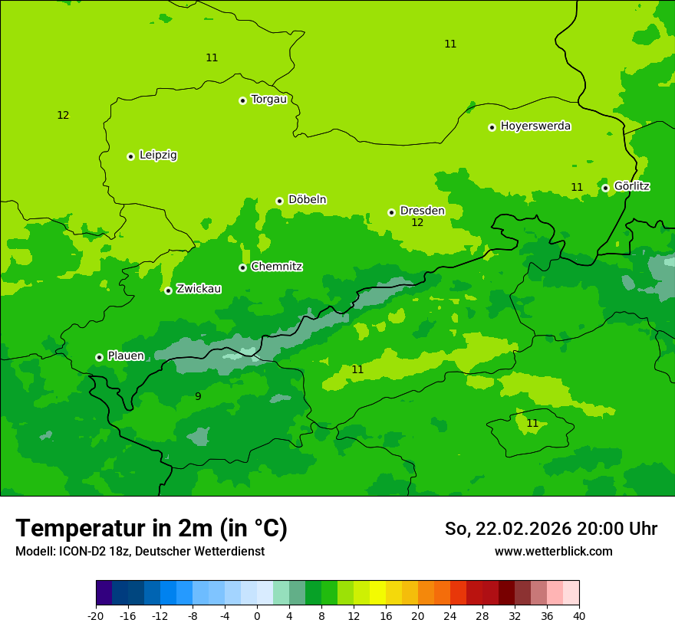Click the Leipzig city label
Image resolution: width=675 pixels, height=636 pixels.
[x=158, y=156]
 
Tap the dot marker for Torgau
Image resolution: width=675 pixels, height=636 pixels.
[x=242, y=100]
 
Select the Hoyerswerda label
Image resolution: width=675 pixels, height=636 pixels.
[x=535, y=126]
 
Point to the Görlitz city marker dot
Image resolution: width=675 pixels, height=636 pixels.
[x=605, y=188]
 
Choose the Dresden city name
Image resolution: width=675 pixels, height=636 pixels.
[x=422, y=211]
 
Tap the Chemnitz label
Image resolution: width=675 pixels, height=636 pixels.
[x=276, y=267]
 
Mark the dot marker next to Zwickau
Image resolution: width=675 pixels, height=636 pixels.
[x=168, y=290]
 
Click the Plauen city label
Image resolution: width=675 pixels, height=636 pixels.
[x=126, y=356]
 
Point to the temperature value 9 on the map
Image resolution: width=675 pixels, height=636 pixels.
[x=198, y=396]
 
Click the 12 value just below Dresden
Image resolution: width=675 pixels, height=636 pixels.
[x=417, y=223]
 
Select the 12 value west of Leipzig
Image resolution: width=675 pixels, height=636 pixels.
[x=63, y=116]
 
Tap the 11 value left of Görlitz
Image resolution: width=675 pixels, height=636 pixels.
[x=577, y=187]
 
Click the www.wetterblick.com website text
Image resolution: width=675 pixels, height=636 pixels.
[x=553, y=551]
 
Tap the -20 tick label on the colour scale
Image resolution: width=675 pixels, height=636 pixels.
[x=96, y=615]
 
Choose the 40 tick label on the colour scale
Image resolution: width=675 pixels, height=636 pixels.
[x=579, y=615]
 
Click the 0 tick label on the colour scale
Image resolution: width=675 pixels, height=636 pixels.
[x=257, y=615]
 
